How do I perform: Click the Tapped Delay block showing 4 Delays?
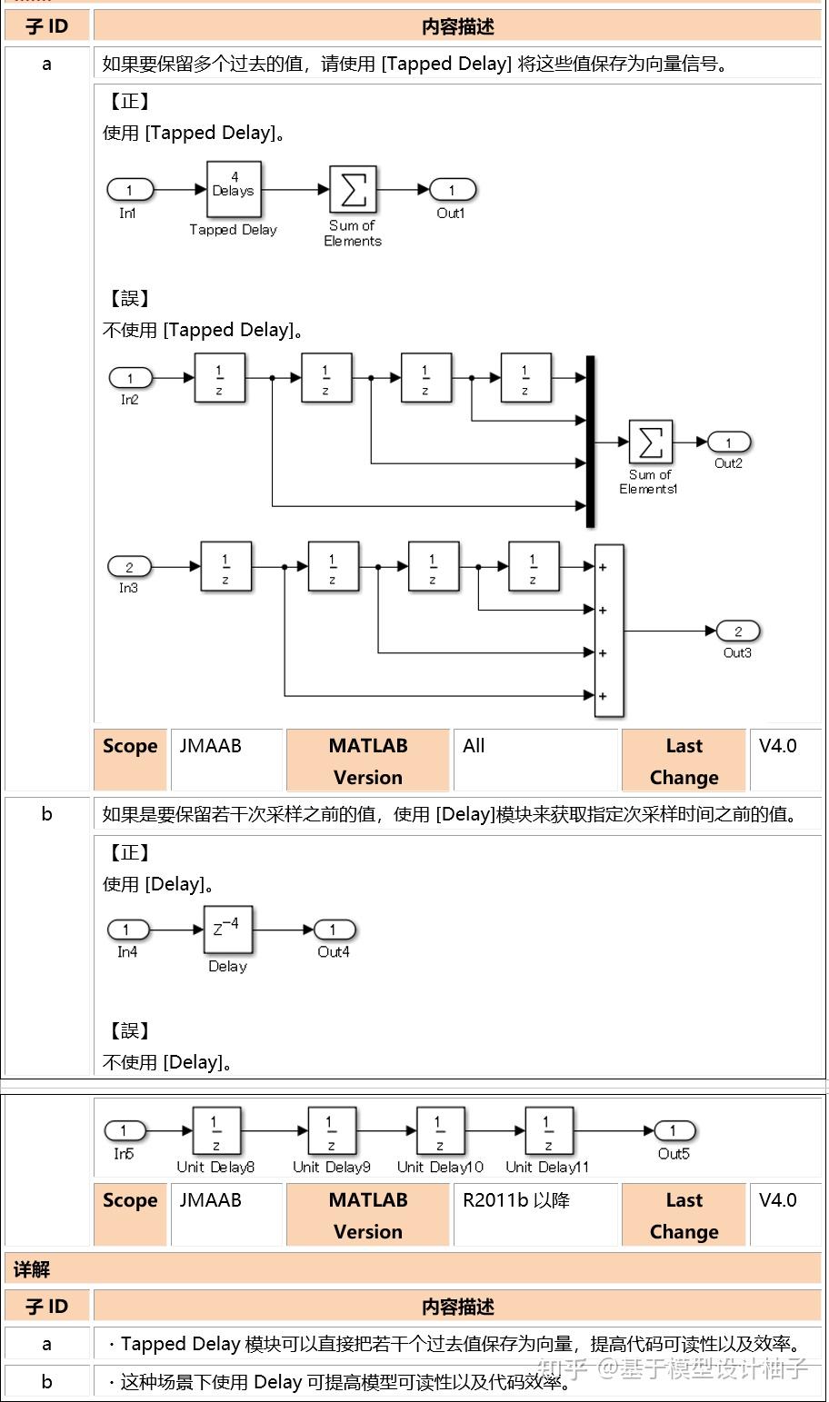[x=234, y=190]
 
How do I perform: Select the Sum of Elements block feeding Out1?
[x=353, y=190]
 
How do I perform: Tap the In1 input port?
[x=130, y=190]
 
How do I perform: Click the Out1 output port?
[x=452, y=190]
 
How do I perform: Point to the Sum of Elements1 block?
[x=650, y=442]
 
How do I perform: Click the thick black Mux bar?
[x=590, y=442]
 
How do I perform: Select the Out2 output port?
[x=729, y=442]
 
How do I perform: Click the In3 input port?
[x=129, y=567]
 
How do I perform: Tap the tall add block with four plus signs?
[x=608, y=631]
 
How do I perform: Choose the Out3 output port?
[x=737, y=631]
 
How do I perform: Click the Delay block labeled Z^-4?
[x=227, y=930]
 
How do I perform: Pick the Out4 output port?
[x=334, y=930]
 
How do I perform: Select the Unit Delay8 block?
[x=216, y=1131]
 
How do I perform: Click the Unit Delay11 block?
[x=548, y=1131]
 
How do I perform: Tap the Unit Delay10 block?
[x=440, y=1131]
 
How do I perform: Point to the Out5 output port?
[x=674, y=1131]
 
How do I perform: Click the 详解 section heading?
[x=33, y=1268]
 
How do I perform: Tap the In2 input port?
[x=131, y=378]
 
